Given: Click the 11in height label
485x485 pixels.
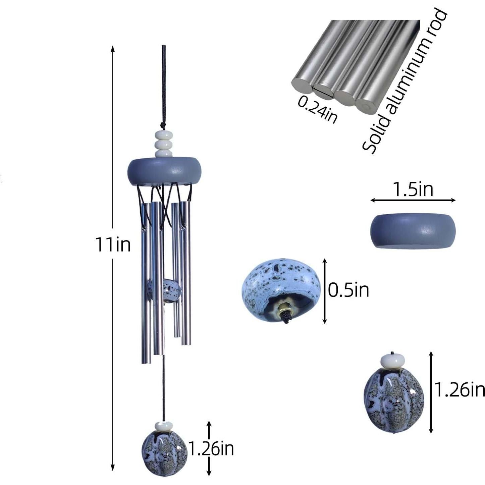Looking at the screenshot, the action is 113,245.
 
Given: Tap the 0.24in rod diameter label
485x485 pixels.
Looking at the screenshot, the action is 318,110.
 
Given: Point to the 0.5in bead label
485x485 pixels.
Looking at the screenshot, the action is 348,290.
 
